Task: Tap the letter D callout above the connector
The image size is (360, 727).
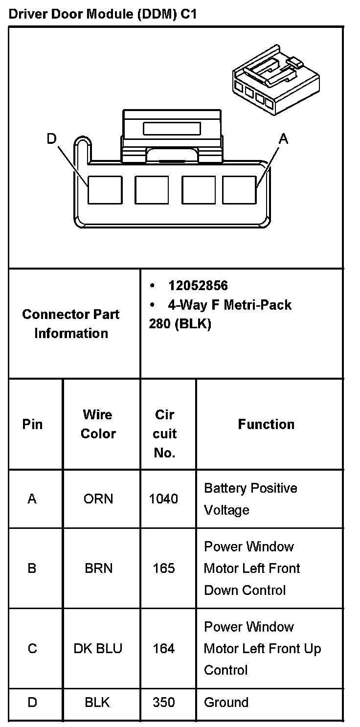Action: pyautogui.click(x=52, y=139)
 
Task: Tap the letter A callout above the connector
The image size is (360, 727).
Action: pyautogui.click(x=283, y=139)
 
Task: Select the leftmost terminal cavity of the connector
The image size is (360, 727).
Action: pyautogui.click(x=105, y=190)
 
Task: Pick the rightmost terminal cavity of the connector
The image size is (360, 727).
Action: pyautogui.click(x=240, y=190)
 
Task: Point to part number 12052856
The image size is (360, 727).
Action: pyautogui.click(x=198, y=285)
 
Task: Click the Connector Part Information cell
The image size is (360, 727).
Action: pyautogui.click(x=71, y=323)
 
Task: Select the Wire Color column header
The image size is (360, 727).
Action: pyautogui.click(x=98, y=424)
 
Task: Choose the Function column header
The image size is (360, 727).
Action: pyautogui.click(x=266, y=424)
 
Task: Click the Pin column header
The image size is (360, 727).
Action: pyautogui.click(x=32, y=424)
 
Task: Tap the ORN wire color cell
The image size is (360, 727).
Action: pyautogui.click(x=98, y=499)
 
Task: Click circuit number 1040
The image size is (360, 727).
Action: pyautogui.click(x=163, y=499)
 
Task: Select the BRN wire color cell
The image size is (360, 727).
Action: pyautogui.click(x=98, y=568)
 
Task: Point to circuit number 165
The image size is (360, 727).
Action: pyautogui.click(x=163, y=568)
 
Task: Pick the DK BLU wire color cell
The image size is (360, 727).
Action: pyautogui.click(x=98, y=649)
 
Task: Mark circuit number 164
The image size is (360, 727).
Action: pyautogui.click(x=163, y=649)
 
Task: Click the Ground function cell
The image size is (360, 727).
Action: pyautogui.click(x=226, y=703)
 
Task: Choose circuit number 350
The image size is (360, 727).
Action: pyautogui.click(x=163, y=703)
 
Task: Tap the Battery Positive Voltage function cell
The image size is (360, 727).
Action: pyautogui.click(x=250, y=499)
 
